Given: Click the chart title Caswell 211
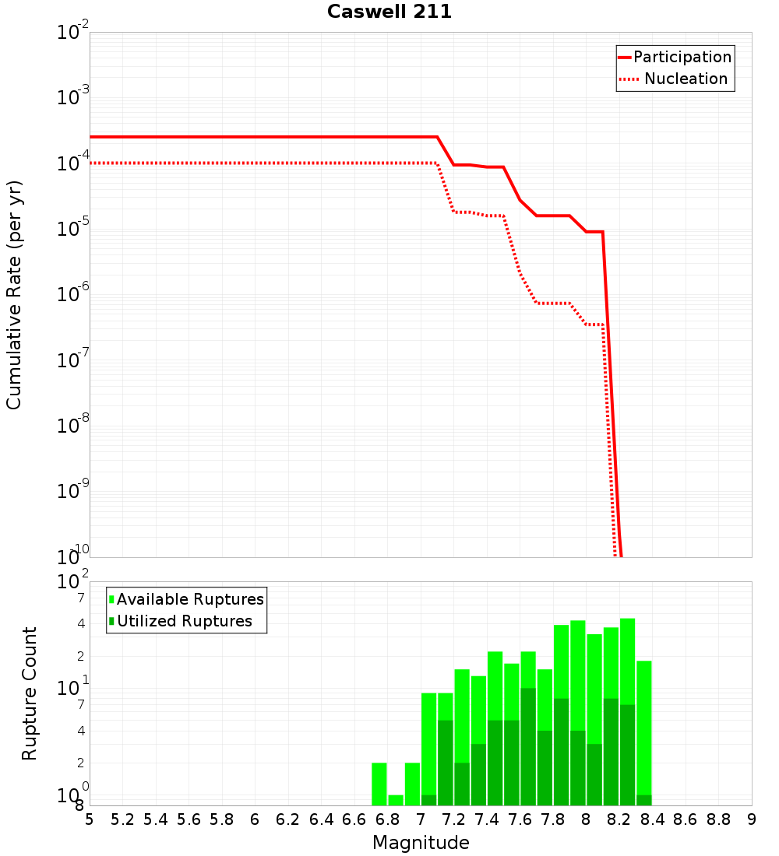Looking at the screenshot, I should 389,12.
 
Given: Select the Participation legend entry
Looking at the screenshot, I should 682,58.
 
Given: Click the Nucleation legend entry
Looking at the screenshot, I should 686,79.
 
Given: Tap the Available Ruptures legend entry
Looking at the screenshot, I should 190,599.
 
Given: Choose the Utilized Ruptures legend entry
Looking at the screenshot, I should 184,621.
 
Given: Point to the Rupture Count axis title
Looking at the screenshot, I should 30,693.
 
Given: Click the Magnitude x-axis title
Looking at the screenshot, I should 421,843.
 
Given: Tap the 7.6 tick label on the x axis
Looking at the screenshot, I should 520,819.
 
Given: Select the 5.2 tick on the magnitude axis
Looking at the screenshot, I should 122,819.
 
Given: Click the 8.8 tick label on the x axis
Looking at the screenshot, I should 718,819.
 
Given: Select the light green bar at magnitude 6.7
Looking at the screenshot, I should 379,784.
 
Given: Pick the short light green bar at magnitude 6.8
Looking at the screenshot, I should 396,800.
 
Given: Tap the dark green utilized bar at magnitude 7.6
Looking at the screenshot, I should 528,747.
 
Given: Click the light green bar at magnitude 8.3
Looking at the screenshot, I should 643,728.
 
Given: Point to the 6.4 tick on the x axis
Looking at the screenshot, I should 321,819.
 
